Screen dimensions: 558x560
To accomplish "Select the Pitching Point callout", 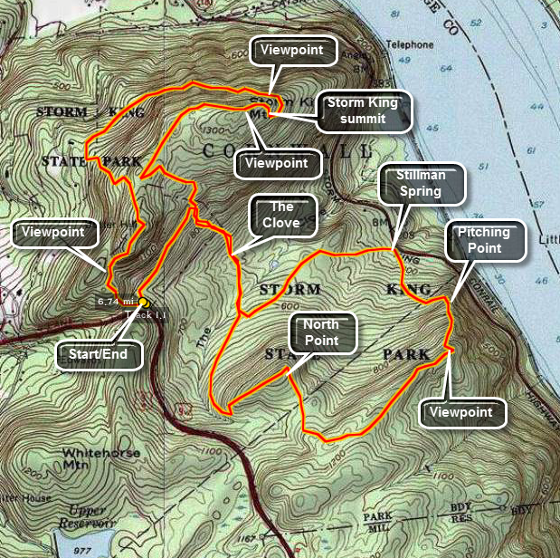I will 483,240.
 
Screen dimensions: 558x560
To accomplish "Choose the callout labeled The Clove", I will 281,216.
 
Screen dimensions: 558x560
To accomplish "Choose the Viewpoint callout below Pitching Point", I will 461,412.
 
